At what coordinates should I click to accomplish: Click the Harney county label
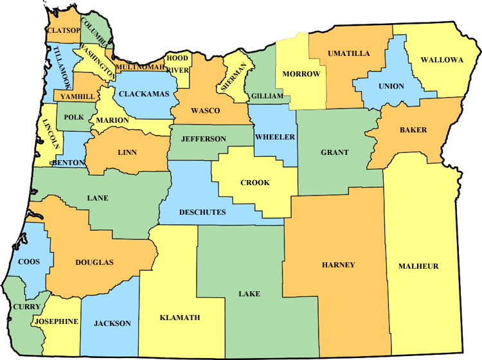coord(338,265)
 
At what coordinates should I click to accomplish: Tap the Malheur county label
coord(418,266)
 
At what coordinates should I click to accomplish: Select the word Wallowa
coord(442,60)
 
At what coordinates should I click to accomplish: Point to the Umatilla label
coord(348,53)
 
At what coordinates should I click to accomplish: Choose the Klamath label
coord(179,318)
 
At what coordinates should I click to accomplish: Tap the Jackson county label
coord(112,323)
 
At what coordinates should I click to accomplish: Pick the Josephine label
coord(57,321)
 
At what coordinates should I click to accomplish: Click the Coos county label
coord(30,262)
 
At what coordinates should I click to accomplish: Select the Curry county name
coord(26,307)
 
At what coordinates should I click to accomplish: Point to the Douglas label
coord(94,262)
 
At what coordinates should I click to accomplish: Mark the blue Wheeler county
coord(274,137)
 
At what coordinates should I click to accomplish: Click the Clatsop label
coord(63,30)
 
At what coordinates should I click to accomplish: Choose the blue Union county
coord(391,86)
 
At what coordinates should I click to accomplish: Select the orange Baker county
coord(413,130)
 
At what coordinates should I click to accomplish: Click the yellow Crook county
coord(254,183)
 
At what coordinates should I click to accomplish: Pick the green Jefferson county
coord(203,139)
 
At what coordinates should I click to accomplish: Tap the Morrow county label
coord(301,74)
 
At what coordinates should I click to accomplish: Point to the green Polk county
coord(73,118)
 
